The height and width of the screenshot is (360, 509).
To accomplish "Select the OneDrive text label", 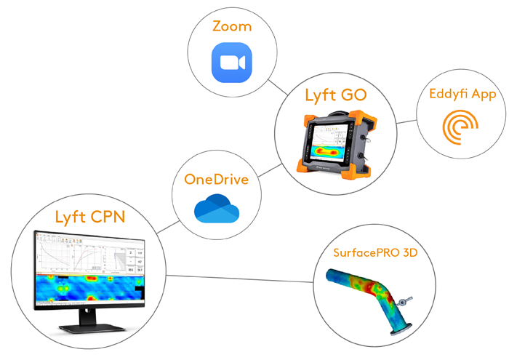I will tap(216, 180).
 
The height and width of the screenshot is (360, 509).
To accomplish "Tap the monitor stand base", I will tap(86, 325).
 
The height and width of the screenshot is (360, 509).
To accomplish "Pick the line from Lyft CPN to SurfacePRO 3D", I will tap(240, 277).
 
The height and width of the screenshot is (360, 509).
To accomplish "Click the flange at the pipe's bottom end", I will tap(399, 332).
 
